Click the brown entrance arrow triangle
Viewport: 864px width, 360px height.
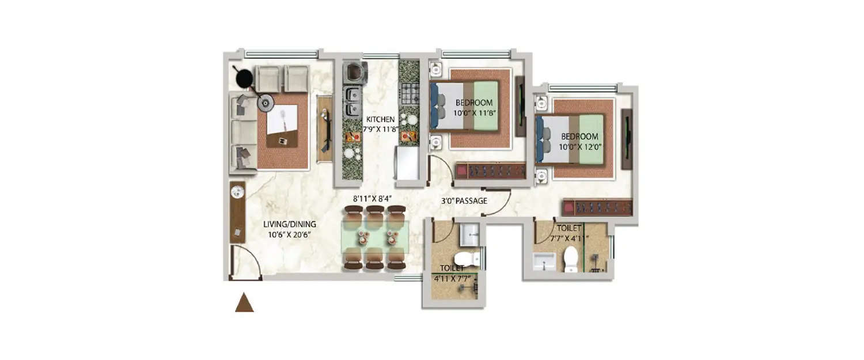tap(244, 303)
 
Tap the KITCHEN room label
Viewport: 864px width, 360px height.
tap(380, 120)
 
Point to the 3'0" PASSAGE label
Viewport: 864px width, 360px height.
tap(464, 201)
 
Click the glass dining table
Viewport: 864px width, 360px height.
tap(375, 237)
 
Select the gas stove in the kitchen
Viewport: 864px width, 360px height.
tap(410, 93)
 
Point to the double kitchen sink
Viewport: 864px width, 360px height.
tap(352, 101)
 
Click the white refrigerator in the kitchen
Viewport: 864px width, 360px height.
tap(407, 164)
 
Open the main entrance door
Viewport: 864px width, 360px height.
tap(245, 262)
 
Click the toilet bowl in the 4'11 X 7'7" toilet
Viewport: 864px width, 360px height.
tap(467, 259)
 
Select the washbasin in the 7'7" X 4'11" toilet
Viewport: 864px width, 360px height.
tap(543, 262)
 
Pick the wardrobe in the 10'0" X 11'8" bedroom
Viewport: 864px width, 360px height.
tap(490, 170)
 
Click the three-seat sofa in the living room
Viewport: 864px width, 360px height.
tap(242, 132)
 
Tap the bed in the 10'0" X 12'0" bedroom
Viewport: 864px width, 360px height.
tap(570, 139)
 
